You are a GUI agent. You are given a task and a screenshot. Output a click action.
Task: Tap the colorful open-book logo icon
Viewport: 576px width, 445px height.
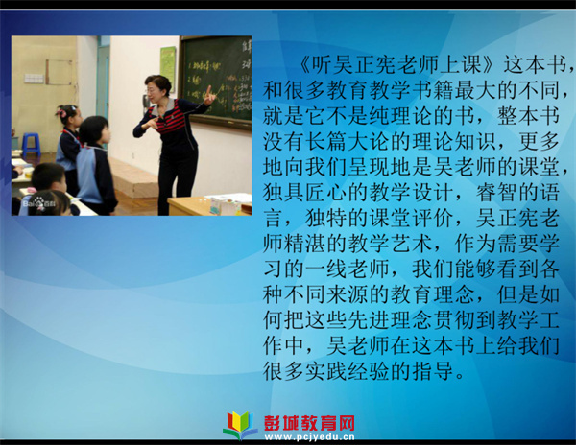pos(241,425)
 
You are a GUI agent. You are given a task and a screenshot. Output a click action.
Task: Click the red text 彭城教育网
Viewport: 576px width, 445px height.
pos(309,423)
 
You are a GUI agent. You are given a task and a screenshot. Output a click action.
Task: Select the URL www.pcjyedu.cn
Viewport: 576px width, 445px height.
pos(309,437)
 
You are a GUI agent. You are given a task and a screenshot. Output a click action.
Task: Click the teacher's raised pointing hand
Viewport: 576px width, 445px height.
pos(208,96)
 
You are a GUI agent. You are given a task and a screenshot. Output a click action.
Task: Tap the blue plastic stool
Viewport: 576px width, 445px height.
pos(31,144)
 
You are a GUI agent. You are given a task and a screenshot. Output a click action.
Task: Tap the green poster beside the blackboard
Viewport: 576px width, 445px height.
pos(167,64)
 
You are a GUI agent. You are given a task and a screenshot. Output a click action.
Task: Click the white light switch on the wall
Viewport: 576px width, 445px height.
pos(34,79)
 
